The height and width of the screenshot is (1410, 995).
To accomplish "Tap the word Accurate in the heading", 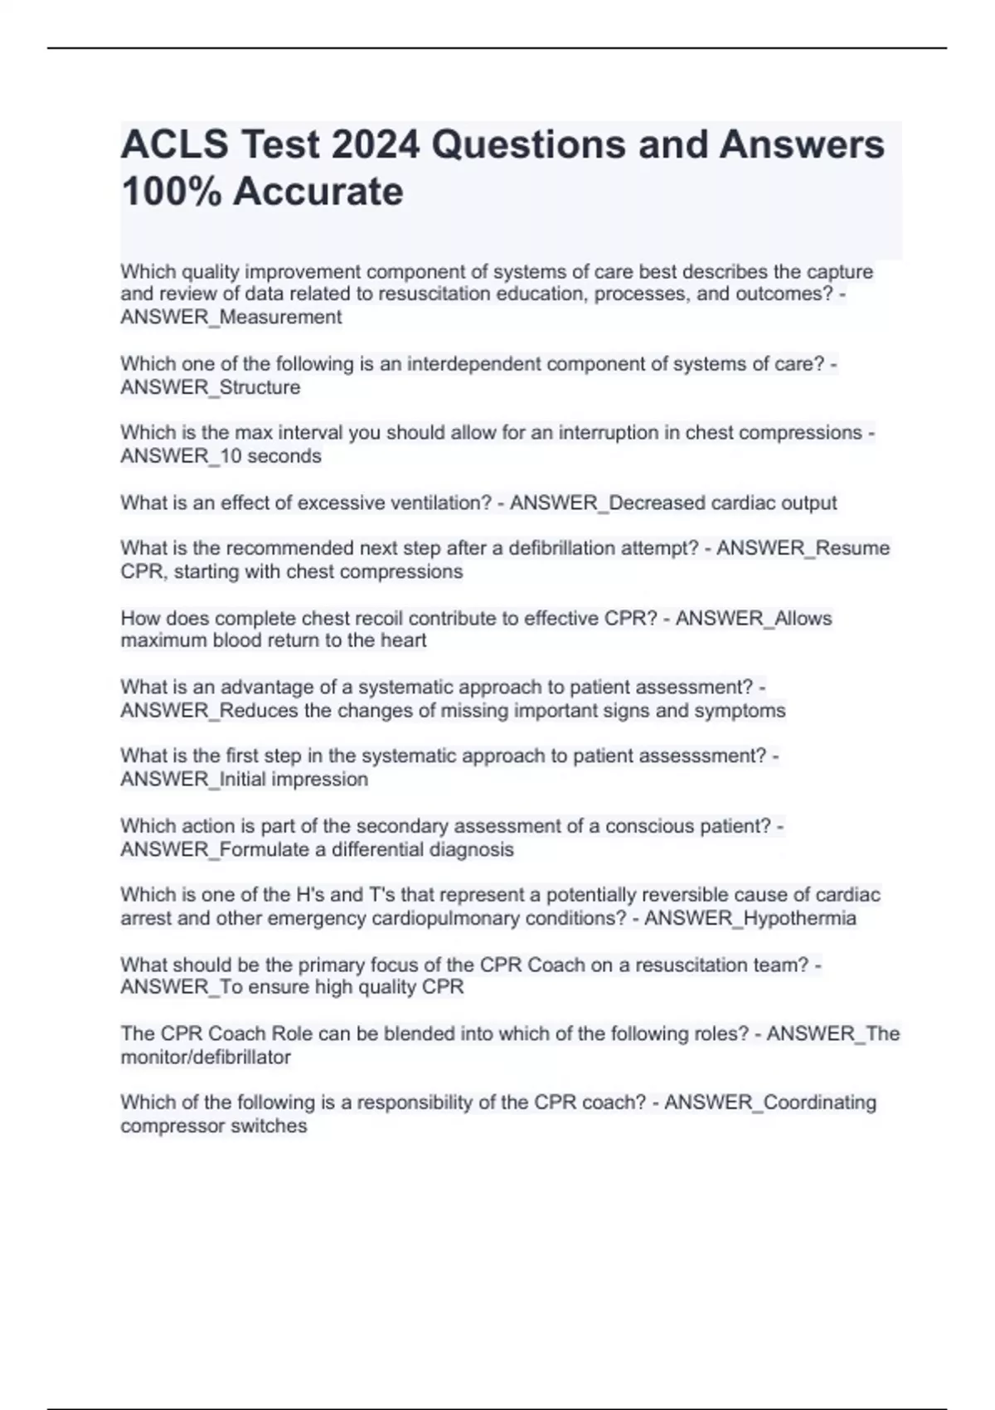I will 318,192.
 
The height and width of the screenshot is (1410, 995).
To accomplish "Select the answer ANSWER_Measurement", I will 231,317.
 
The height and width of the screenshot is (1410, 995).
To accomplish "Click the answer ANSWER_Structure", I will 211,387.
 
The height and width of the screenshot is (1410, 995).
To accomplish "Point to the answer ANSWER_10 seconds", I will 221,456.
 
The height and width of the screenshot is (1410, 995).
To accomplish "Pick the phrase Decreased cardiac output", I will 722,503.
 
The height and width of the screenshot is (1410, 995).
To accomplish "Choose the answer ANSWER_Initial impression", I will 244,780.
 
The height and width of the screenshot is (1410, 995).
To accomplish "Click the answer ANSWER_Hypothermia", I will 750,918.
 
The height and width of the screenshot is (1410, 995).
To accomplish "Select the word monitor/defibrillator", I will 206,1057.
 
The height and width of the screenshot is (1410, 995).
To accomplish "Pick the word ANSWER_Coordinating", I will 770,1103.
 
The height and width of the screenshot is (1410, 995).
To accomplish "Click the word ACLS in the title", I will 175,145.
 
